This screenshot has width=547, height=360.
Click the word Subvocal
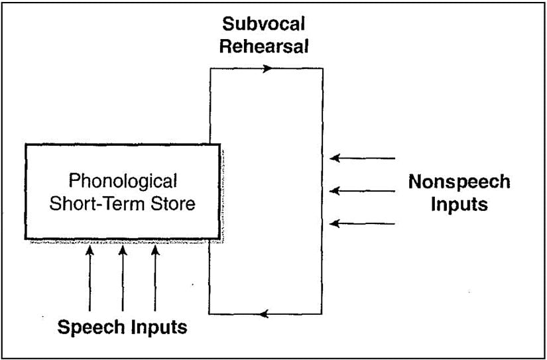(264, 25)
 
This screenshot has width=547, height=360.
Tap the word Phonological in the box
(123, 181)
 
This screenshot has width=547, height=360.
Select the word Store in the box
(174, 203)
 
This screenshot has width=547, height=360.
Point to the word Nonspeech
(459, 182)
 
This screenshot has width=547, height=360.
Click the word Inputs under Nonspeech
(459, 204)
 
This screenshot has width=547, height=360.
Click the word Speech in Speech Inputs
(88, 327)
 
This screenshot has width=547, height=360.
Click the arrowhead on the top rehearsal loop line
(267, 68)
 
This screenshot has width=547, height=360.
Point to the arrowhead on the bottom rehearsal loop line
(265, 314)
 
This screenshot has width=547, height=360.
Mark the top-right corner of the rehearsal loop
(322, 68)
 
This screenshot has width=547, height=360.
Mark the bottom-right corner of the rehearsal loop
(322, 314)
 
